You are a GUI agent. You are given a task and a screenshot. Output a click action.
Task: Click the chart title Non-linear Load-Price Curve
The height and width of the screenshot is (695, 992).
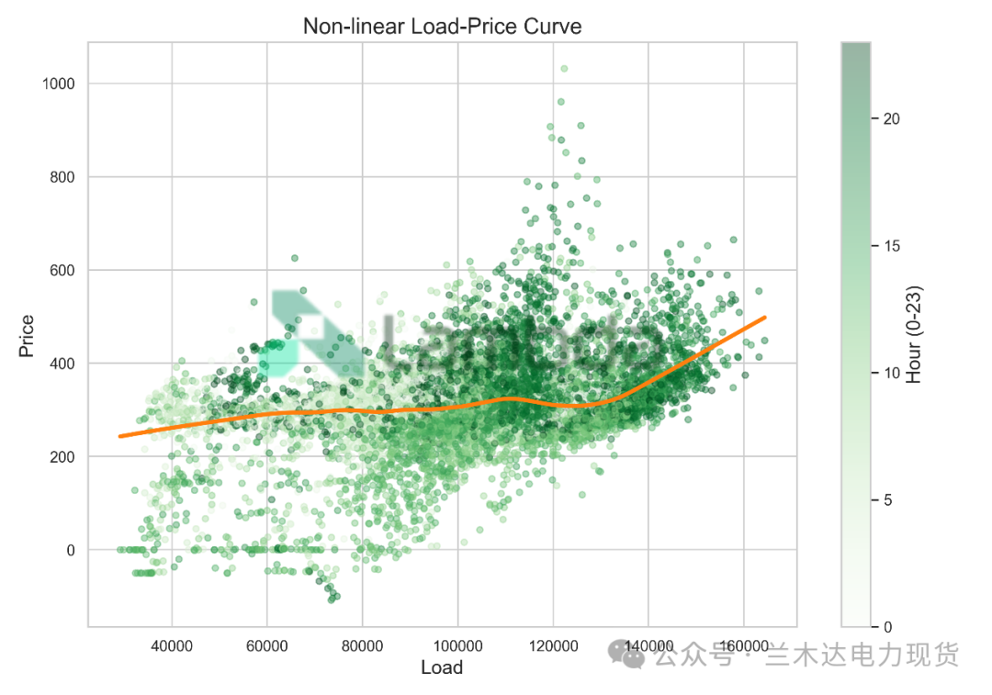pos(442,27)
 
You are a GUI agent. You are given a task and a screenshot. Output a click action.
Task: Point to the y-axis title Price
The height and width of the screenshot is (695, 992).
pos(28,335)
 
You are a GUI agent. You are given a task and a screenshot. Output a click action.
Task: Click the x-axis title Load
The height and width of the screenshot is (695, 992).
pos(442,667)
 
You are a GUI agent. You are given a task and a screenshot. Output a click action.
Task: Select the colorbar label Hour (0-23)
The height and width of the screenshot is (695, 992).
pos(914,335)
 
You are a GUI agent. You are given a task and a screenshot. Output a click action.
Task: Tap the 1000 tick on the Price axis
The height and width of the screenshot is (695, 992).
pos(59,84)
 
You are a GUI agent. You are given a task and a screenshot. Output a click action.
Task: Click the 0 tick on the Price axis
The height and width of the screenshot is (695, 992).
pos(71,550)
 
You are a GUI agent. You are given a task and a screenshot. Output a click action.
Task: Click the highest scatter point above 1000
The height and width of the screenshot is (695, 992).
pos(564,68)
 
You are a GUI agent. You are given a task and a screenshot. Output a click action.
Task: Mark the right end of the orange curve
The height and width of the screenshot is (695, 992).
pos(765,318)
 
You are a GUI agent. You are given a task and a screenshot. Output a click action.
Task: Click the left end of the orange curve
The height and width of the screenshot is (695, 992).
pos(120,436)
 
